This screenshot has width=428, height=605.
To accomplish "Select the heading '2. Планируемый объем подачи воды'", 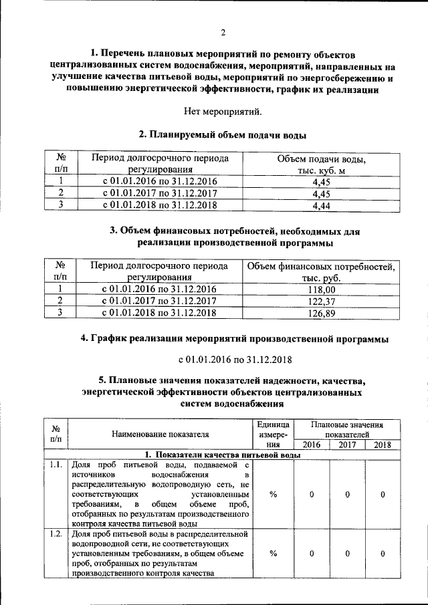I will (x=223, y=134).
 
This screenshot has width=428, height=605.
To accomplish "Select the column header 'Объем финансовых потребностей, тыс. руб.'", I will (x=321, y=271).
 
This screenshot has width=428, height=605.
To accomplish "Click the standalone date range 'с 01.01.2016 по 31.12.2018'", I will (x=223, y=360).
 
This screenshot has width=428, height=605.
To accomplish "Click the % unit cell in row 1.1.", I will (x=274, y=494).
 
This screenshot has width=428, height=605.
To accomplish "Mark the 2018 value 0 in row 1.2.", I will (x=383, y=554).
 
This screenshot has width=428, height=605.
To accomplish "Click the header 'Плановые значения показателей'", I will (x=347, y=429).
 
